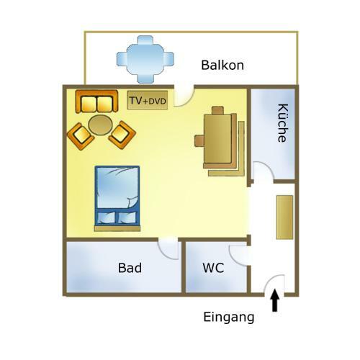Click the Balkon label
click(222, 65)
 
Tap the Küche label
click(283, 123)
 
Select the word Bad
click(130, 268)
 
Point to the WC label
click(213, 268)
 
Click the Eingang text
click(229, 318)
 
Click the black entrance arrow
click(275, 301)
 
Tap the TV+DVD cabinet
click(148, 100)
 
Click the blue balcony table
click(145, 60)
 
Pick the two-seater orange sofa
click(96, 102)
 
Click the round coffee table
click(100, 125)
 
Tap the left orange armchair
click(81, 136)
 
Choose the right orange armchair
click(122, 135)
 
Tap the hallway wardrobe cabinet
click(284, 217)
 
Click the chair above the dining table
click(217, 110)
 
